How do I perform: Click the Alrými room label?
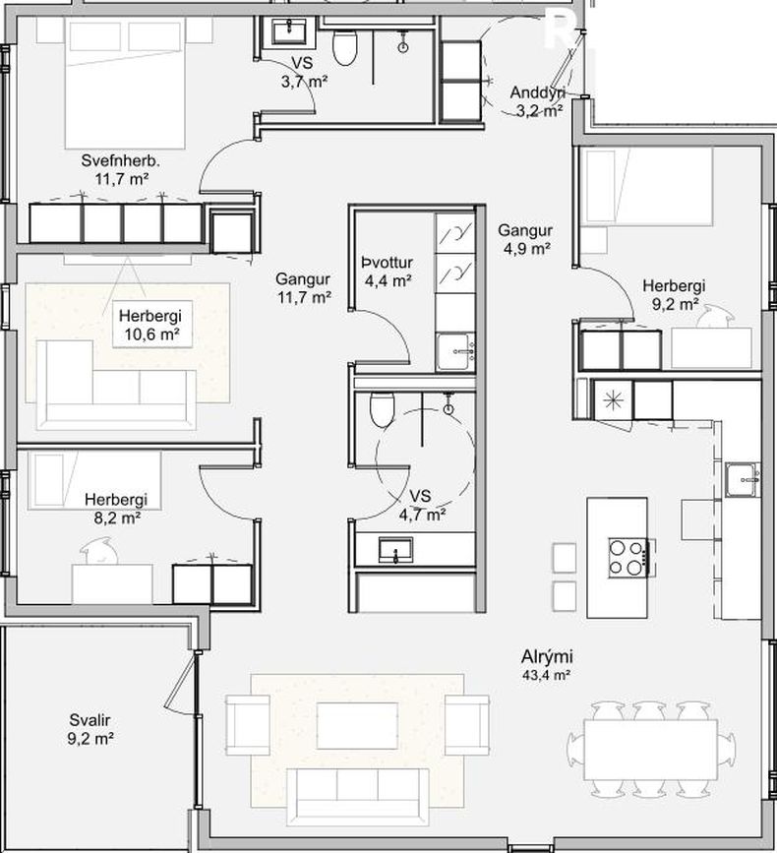click(547, 656)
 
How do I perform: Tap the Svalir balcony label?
click(90, 720)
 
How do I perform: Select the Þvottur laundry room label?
click(388, 263)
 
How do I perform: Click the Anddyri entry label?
click(537, 93)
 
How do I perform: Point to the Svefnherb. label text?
click(121, 161)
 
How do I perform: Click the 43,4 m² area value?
click(546, 676)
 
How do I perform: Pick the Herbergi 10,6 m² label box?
click(152, 325)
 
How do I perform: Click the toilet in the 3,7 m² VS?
click(344, 47)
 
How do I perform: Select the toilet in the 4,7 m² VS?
click(382, 409)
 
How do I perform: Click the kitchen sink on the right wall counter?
click(743, 480)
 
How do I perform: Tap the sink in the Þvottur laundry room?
click(455, 352)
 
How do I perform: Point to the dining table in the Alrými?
click(651, 750)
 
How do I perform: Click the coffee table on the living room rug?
click(358, 726)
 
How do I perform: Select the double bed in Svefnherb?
click(125, 83)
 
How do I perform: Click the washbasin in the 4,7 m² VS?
click(395, 550)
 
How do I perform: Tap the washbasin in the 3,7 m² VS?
click(289, 30)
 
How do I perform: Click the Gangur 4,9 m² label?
click(524, 240)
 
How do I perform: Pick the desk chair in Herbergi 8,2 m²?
click(99, 551)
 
